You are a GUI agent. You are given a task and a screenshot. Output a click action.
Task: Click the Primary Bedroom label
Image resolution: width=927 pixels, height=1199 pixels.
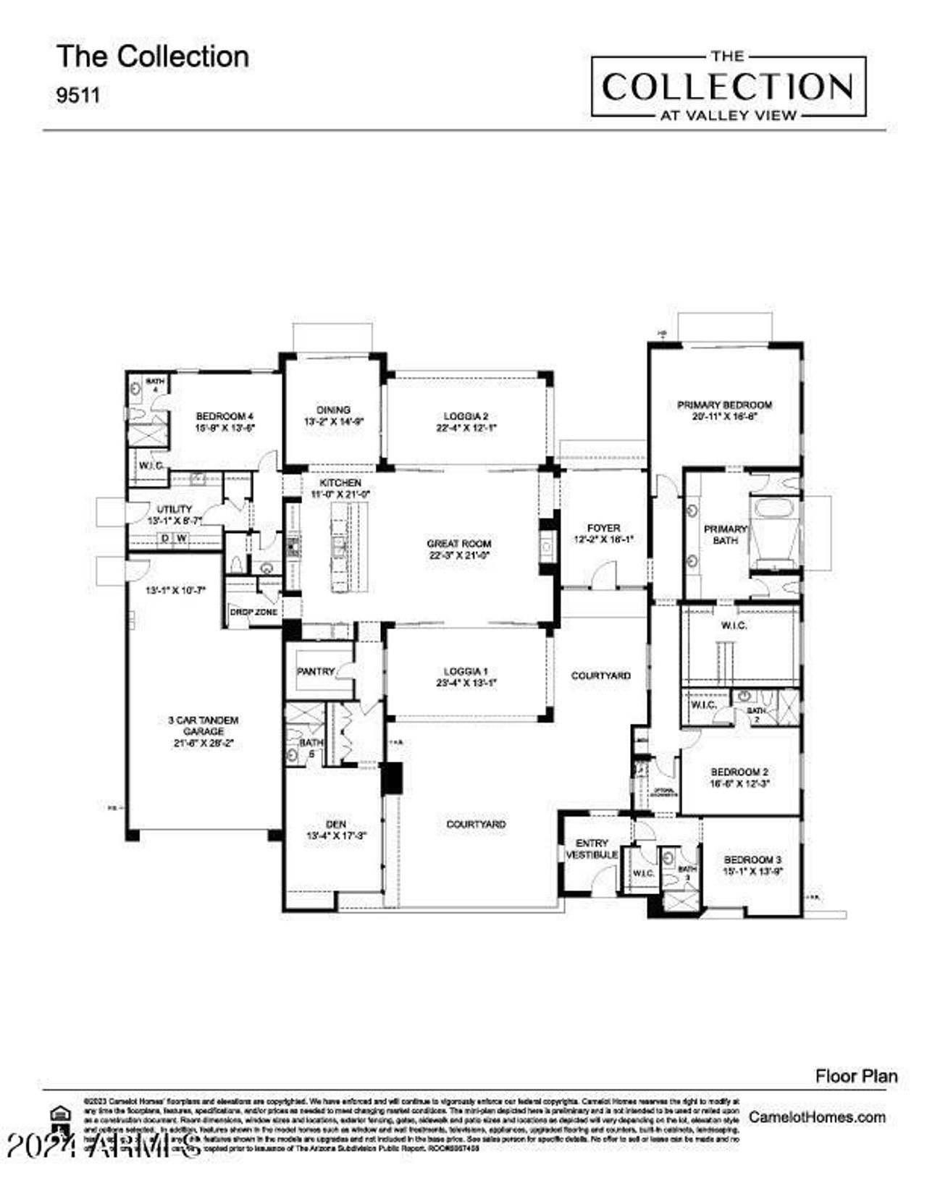point(724,405)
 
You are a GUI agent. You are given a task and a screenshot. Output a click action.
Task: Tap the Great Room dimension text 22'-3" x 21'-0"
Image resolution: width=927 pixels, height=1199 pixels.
point(458,555)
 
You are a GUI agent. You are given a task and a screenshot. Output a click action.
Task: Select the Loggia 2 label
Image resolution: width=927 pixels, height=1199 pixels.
point(466,416)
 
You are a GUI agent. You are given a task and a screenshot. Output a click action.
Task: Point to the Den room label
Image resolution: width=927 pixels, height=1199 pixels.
point(336,824)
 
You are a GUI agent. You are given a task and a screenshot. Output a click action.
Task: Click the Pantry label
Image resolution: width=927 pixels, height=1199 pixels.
point(316,671)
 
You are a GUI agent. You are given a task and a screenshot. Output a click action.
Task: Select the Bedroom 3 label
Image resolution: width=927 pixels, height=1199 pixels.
point(753,859)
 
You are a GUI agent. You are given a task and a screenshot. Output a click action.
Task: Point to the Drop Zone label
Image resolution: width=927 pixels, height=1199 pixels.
point(253,612)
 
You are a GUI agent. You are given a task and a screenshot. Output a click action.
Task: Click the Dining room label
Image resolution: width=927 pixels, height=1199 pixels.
point(333,410)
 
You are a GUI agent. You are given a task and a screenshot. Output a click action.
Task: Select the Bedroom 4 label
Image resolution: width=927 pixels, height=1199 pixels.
point(225,416)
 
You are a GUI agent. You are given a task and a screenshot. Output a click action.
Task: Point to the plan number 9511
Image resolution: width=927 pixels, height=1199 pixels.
point(78,95)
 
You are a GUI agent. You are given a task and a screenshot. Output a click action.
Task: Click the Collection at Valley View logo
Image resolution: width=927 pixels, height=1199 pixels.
point(729,86)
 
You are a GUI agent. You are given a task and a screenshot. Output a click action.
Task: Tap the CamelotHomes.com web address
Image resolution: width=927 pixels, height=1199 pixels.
point(817,1116)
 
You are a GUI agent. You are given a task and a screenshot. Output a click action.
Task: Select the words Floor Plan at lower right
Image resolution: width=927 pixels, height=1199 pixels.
point(856,1076)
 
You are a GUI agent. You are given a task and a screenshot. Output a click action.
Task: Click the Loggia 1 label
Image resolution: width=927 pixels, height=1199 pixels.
point(466,671)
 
